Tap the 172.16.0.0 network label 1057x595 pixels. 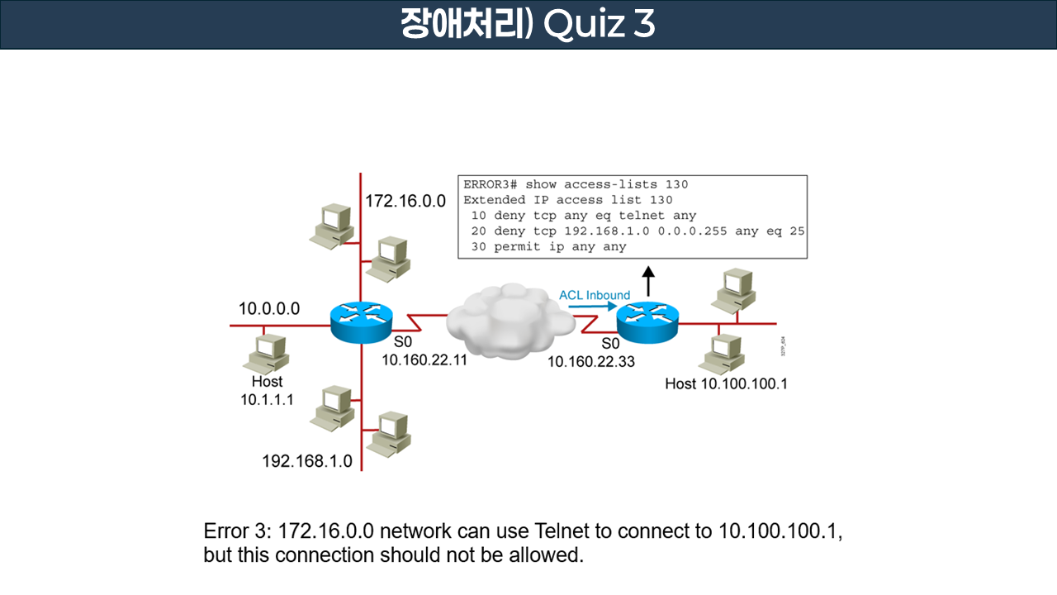405,201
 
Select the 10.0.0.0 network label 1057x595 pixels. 269,309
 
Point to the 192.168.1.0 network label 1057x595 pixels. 307,461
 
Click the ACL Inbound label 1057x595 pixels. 595,295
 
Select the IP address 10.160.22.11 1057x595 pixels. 424,361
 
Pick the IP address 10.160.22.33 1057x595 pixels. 591,361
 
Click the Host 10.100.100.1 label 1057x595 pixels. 726,383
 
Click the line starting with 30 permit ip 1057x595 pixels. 548,247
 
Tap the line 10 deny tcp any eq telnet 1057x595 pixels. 583,216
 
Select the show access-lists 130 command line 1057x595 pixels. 576,184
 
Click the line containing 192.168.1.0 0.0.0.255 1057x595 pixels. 638,231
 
